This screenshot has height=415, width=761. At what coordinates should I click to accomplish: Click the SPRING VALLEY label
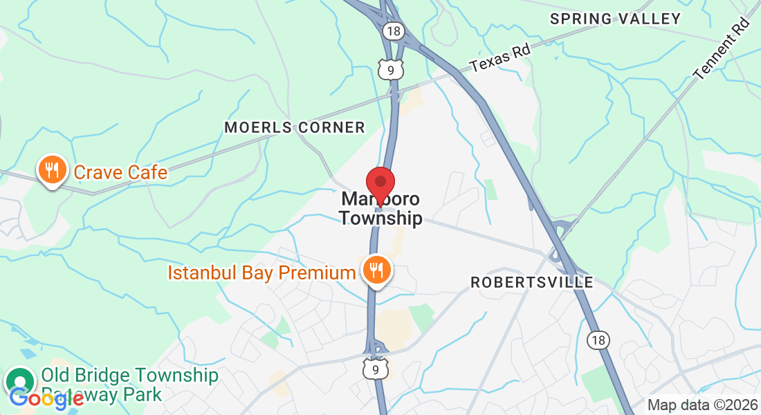616,19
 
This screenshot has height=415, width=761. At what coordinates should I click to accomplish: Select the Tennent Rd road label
722,49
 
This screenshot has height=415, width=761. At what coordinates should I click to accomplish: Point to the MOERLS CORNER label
295,127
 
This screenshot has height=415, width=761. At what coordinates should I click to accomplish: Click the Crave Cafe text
120,172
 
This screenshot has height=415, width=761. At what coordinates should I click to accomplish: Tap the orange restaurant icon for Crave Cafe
51,169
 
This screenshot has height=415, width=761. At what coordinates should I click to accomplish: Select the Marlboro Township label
380,209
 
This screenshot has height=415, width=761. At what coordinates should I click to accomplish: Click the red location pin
380,183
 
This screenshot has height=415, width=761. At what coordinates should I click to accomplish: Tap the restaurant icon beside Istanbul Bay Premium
376,270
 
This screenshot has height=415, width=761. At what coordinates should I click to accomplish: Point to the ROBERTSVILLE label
531,282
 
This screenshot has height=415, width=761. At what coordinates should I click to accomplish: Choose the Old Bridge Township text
129,376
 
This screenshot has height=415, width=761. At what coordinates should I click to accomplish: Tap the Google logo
46,398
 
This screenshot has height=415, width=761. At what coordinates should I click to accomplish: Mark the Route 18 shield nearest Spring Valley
392,30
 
